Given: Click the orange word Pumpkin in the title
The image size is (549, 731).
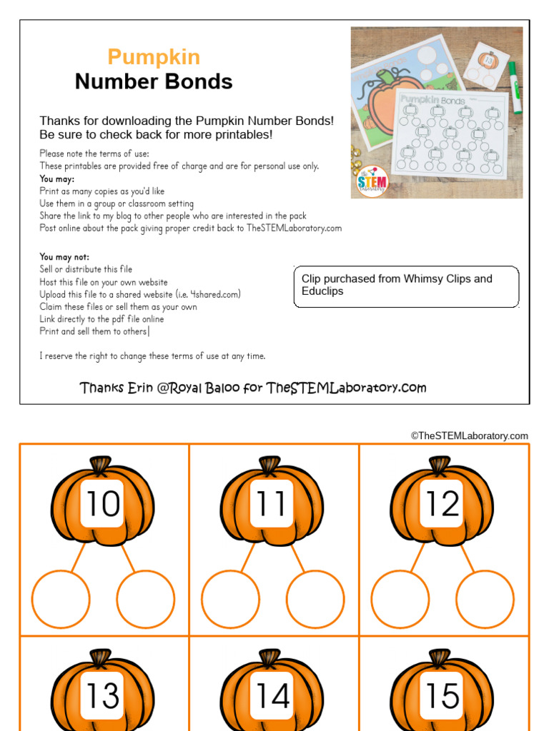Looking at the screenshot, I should pyautogui.click(x=154, y=57).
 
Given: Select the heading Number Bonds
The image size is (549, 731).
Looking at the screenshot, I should pyautogui.click(x=154, y=81).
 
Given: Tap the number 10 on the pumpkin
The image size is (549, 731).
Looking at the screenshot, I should pyautogui.click(x=102, y=504).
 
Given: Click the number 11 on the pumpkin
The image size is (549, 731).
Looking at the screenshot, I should pyautogui.click(x=272, y=504).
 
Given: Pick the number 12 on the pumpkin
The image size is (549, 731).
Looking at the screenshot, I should pyautogui.click(x=442, y=504).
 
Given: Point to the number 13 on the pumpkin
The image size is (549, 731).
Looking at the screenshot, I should pyautogui.click(x=102, y=696).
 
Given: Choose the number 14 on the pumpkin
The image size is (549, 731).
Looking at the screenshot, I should pyautogui.click(x=272, y=696).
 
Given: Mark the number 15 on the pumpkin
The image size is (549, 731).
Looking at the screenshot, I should pyautogui.click(x=442, y=696).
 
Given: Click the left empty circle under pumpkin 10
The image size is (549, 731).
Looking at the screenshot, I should pyautogui.click(x=61, y=599).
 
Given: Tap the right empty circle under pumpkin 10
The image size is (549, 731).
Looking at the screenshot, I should pyautogui.click(x=145, y=599).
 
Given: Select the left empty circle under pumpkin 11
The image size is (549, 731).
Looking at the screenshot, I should pyautogui.click(x=230, y=599).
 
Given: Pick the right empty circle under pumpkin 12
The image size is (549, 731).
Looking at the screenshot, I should pyautogui.click(x=485, y=599).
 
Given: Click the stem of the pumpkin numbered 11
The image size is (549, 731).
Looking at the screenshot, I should pyautogui.click(x=269, y=465).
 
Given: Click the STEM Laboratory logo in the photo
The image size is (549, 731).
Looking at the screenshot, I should pyautogui.click(x=372, y=180).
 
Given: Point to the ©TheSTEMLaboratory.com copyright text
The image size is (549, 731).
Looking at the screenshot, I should pyautogui.click(x=469, y=435).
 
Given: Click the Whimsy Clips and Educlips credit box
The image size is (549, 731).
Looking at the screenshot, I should pyautogui.click(x=406, y=286).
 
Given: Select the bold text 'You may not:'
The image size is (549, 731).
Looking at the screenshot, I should pyautogui.click(x=64, y=257).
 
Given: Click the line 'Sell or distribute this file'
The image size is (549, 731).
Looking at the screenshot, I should pyautogui.click(x=86, y=269).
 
